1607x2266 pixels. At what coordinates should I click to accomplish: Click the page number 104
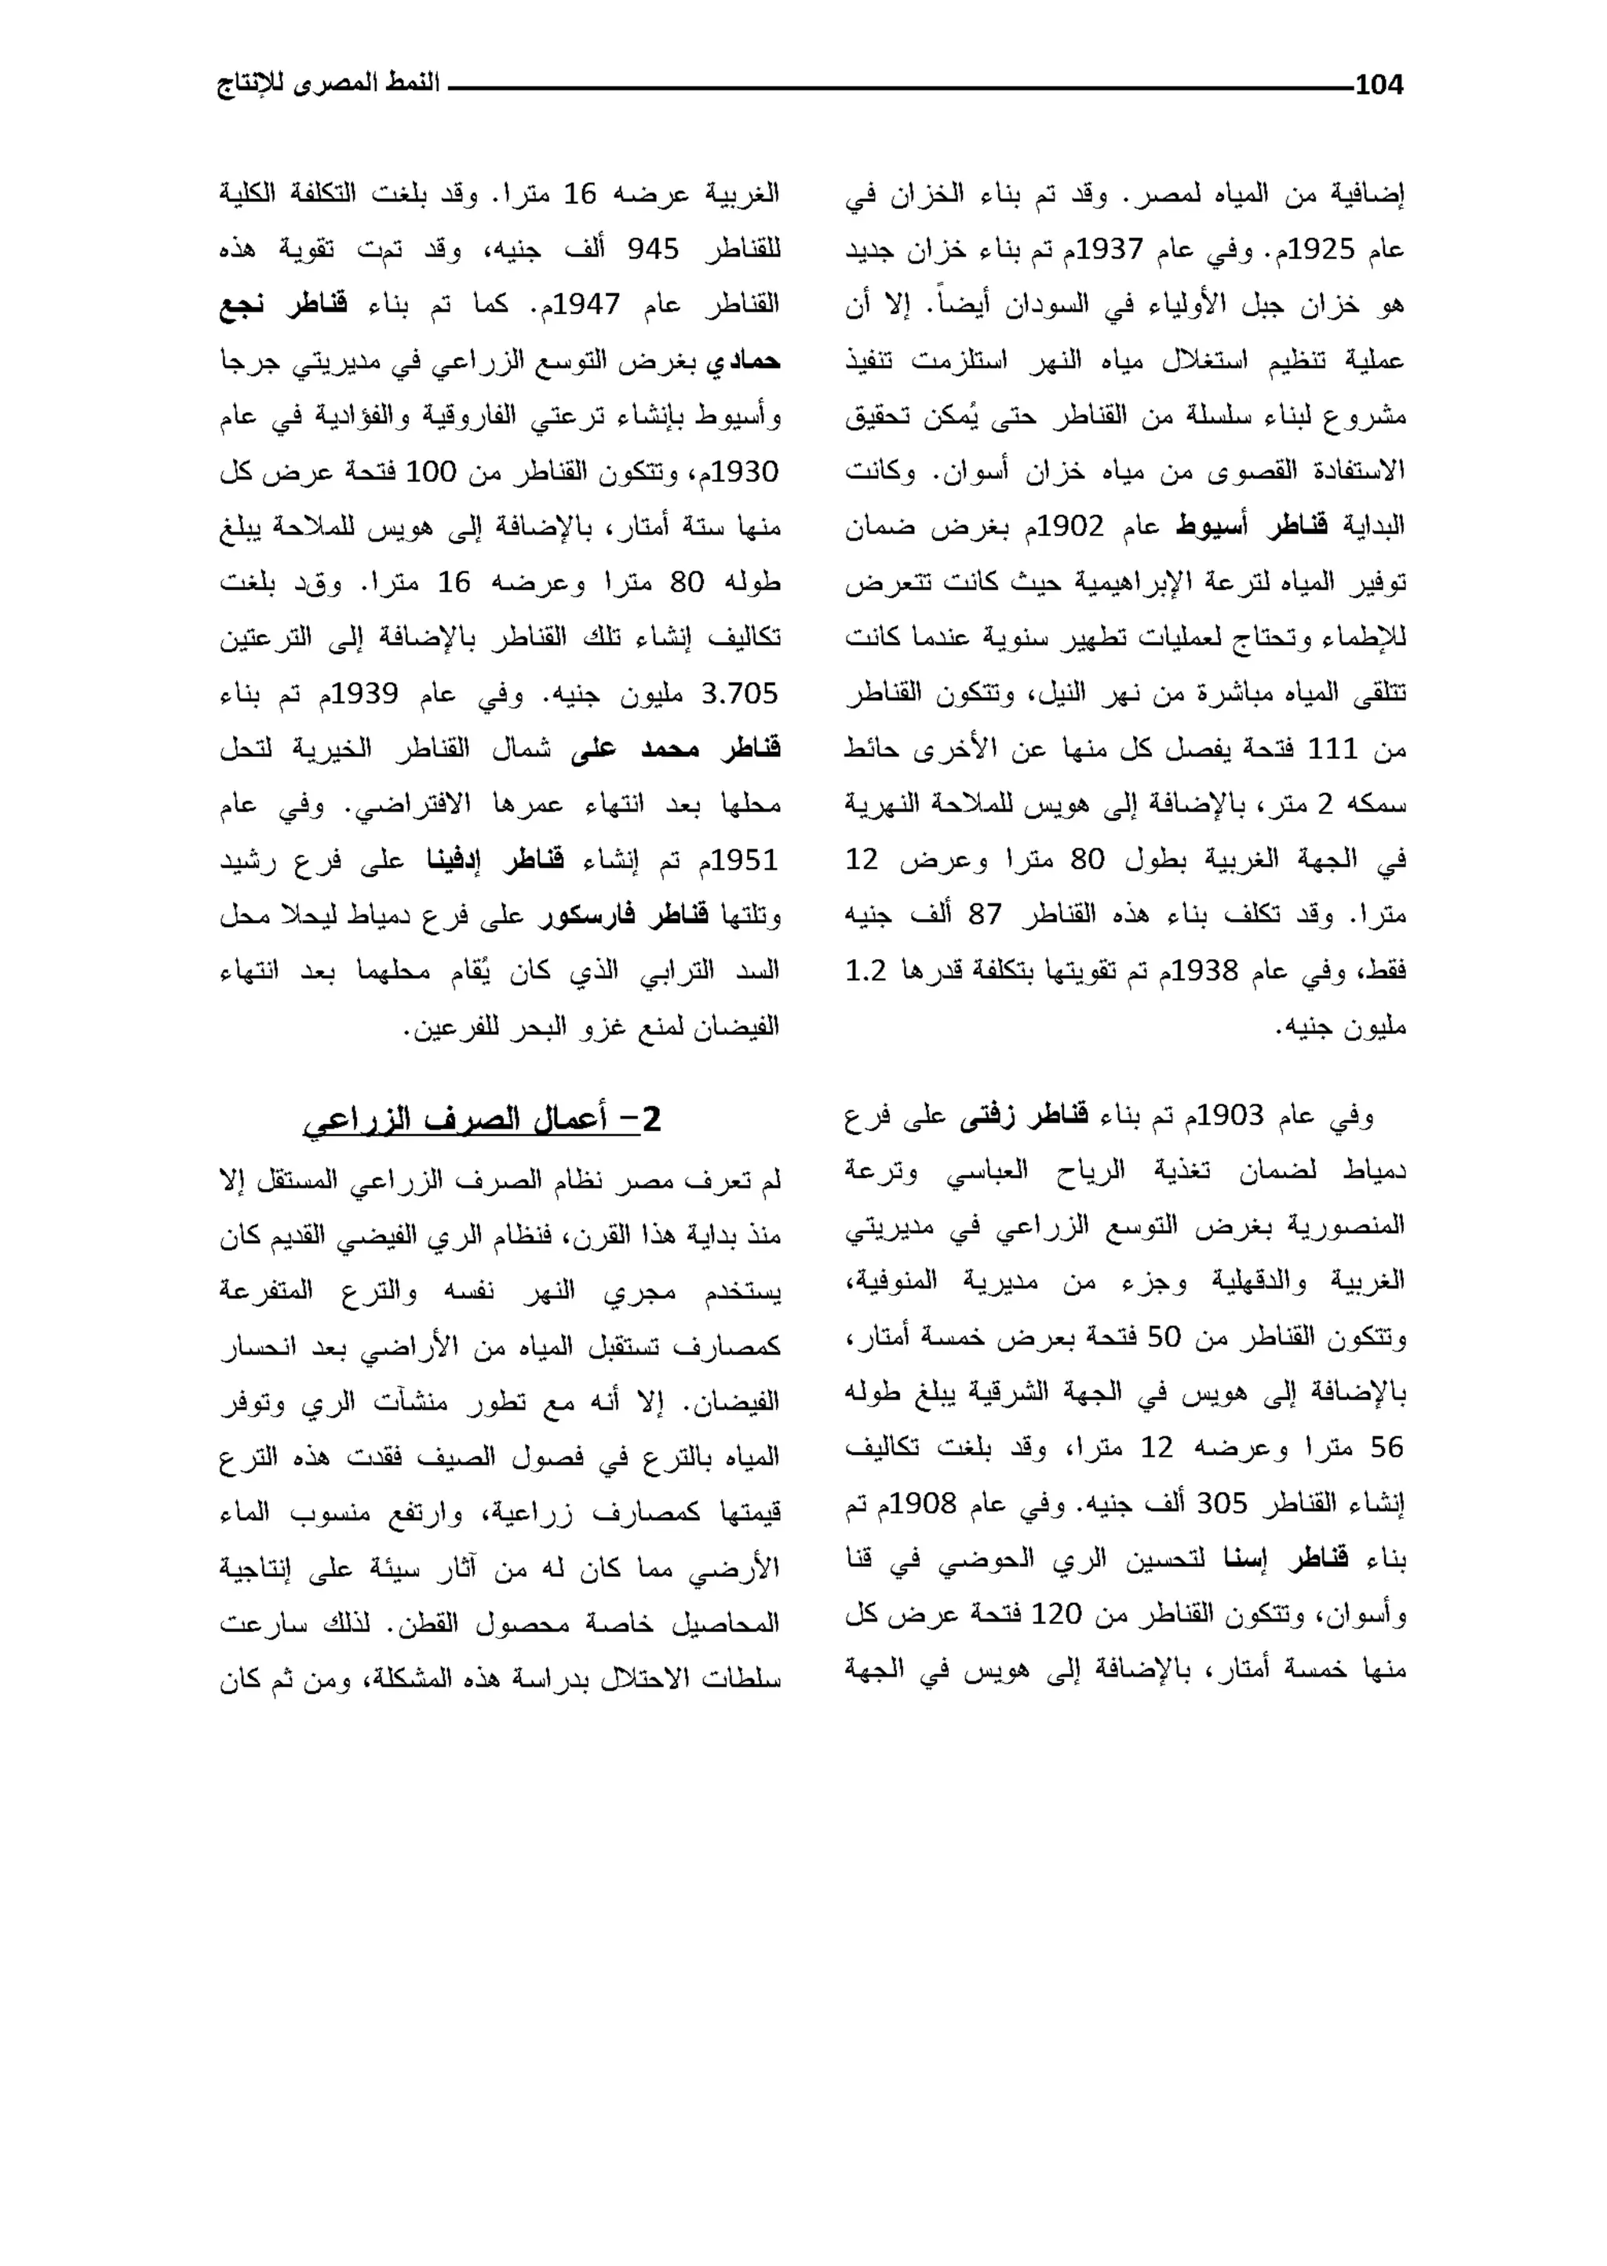pyautogui.click(x=1379, y=86)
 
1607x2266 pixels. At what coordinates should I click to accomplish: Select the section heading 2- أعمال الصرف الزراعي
pyautogui.click(x=481, y=1119)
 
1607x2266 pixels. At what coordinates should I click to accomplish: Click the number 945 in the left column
pyautogui.click(x=653, y=250)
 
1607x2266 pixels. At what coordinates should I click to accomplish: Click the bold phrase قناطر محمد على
pyautogui.click(x=676, y=749)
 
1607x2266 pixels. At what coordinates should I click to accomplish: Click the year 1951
pyautogui.click(x=744, y=860)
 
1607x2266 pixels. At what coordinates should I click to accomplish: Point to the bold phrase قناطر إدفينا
pyautogui.click(x=495, y=860)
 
